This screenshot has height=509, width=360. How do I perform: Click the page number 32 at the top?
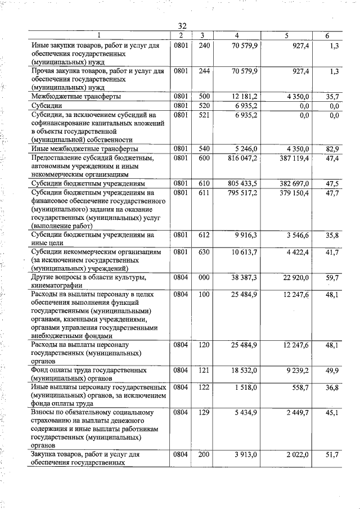(182, 26)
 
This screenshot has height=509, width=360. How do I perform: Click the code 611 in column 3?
(204, 193)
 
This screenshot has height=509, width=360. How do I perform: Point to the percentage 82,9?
(332, 148)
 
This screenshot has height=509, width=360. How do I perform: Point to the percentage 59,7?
(332, 278)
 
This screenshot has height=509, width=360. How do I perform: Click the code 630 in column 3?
(204, 252)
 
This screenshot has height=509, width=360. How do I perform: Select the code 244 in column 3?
(204, 71)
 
